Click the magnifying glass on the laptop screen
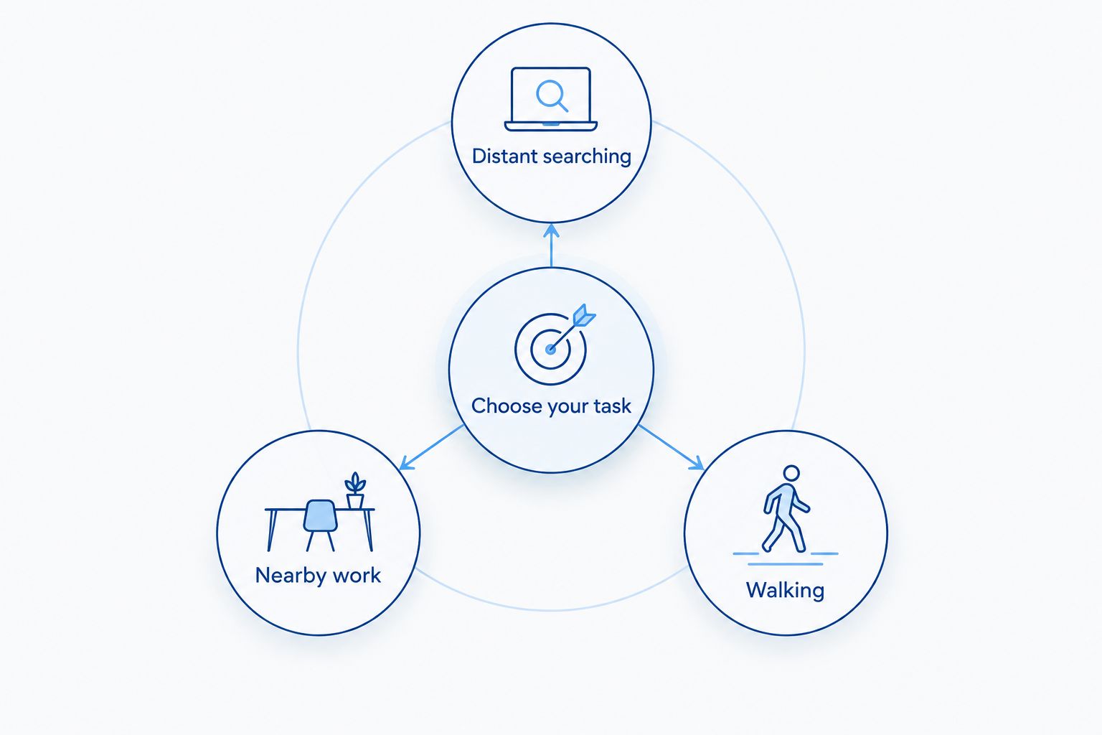pyautogui.click(x=552, y=95)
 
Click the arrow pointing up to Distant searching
pyautogui.click(x=552, y=245)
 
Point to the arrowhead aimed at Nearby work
pyautogui.click(x=406, y=463)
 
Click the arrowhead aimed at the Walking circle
pyautogui.click(x=697, y=463)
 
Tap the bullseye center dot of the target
pyautogui.click(x=550, y=350)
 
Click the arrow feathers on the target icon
pyautogui.click(x=584, y=315)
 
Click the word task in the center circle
pyautogui.click(x=612, y=406)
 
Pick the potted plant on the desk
pyautogui.click(x=355, y=490)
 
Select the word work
pyautogui.click(x=357, y=575)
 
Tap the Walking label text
pyautogui.click(x=785, y=590)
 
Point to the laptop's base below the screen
pyautogui.click(x=551, y=126)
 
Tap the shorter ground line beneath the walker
pyautogui.click(x=785, y=564)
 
